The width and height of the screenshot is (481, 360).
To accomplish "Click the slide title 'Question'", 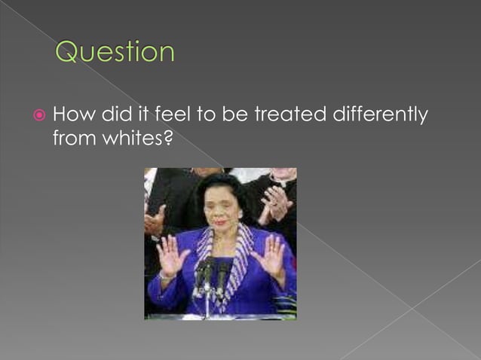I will click(115, 53).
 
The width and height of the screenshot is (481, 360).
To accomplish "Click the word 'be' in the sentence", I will click(234, 115).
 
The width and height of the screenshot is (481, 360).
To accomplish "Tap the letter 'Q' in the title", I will click(71, 53).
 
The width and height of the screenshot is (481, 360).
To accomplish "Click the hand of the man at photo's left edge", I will click(155, 222).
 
